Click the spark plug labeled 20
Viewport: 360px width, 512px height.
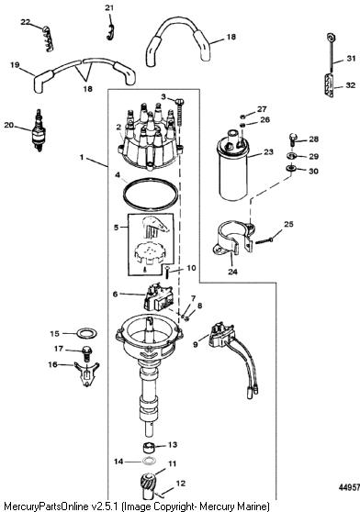(x=39, y=130)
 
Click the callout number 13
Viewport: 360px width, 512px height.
(x=173, y=444)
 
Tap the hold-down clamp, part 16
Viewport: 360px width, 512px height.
(x=86, y=373)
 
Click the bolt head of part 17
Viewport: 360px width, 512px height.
(x=87, y=351)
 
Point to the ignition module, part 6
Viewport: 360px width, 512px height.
(x=158, y=296)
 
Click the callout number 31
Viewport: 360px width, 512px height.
(x=351, y=59)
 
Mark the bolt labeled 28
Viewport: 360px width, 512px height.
(x=293, y=139)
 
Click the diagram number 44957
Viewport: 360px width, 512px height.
(x=349, y=487)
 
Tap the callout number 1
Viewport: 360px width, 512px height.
(x=82, y=158)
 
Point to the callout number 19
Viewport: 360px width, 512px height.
(x=15, y=65)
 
